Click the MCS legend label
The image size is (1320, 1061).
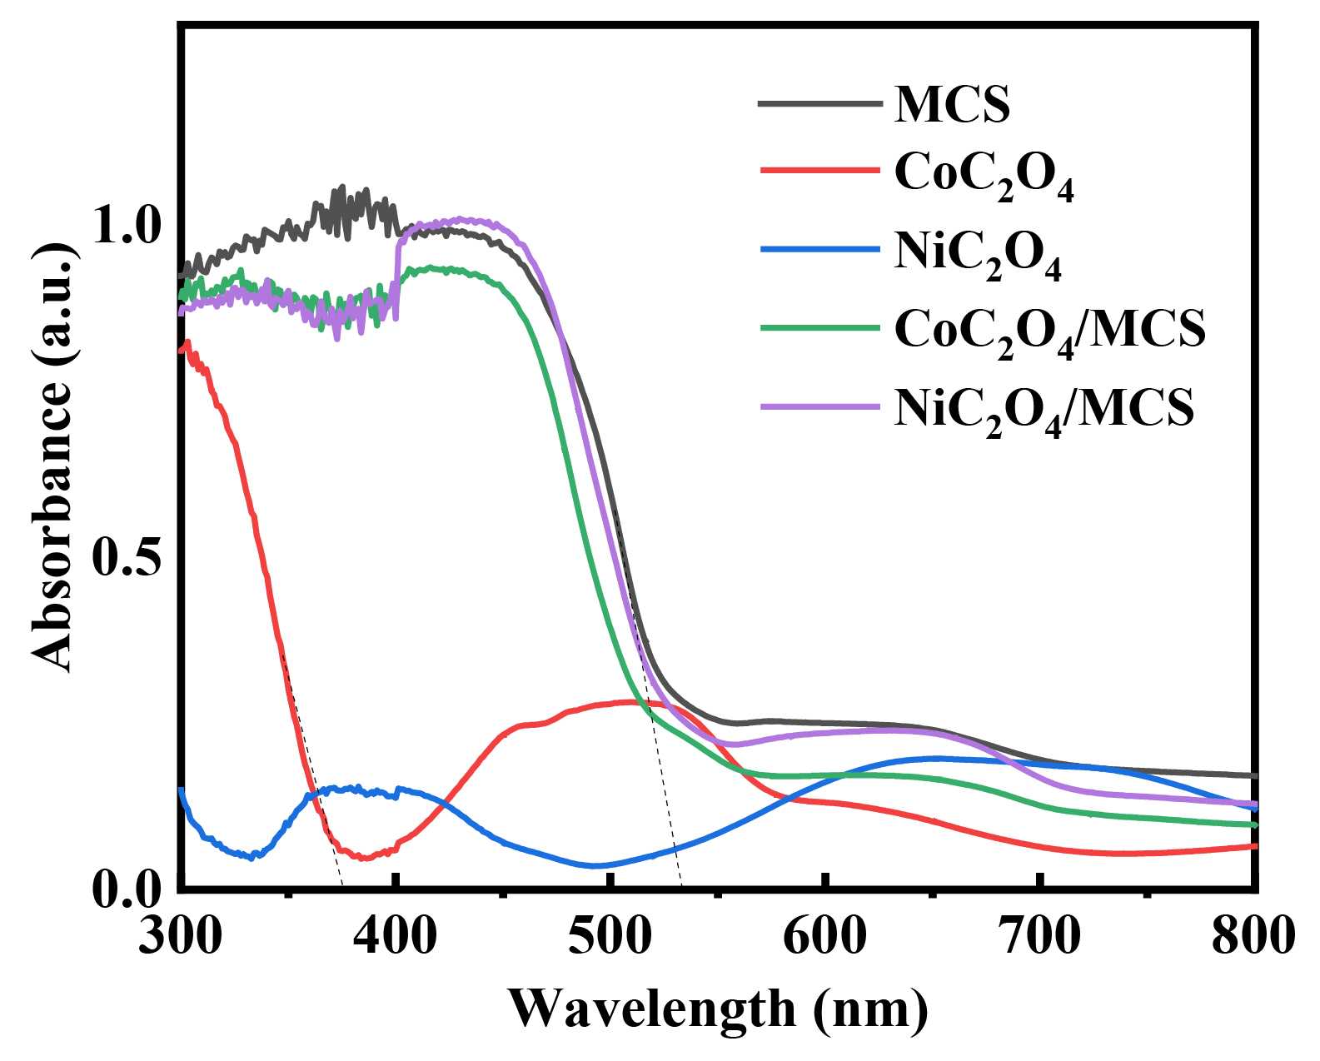pos(952,105)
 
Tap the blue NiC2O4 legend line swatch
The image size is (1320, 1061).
pos(820,249)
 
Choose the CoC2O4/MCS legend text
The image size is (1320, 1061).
pos(1049,330)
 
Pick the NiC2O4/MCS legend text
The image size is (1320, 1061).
pos(1044,408)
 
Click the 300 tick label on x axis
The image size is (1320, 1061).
pos(180,937)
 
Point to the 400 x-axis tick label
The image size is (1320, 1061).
pos(395,937)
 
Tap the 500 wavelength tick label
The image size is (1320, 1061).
pos(610,937)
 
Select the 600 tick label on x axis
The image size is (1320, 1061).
pos(824,937)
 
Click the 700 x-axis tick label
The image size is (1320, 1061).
pos(1039,937)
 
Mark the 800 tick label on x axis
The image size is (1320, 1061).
pos(1253,937)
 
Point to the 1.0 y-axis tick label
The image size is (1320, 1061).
pos(126,227)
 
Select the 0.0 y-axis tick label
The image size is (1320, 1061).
pos(126,890)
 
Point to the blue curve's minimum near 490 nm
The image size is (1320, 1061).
pos(593,866)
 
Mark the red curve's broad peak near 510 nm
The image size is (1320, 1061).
pos(633,702)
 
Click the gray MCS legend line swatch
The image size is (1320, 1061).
pos(820,104)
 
